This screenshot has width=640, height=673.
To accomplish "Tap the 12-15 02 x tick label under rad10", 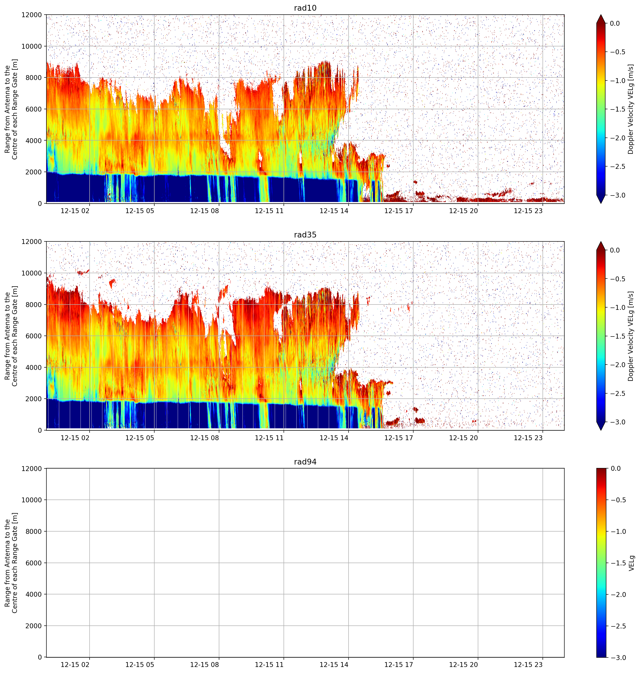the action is (x=75, y=211).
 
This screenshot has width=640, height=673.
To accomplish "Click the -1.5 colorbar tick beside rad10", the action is (x=618, y=109).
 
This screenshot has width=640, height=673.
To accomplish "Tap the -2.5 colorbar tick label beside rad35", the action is (x=618, y=394).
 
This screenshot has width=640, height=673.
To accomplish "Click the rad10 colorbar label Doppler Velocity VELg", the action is (x=630, y=109).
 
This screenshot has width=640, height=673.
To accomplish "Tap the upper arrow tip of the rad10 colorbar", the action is (x=601, y=15).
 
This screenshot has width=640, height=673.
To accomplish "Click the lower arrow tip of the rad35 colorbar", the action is (x=601, y=430).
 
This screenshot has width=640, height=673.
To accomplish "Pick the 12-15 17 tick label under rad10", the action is (x=399, y=211).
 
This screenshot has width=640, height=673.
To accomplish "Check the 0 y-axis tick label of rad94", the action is (x=40, y=657).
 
